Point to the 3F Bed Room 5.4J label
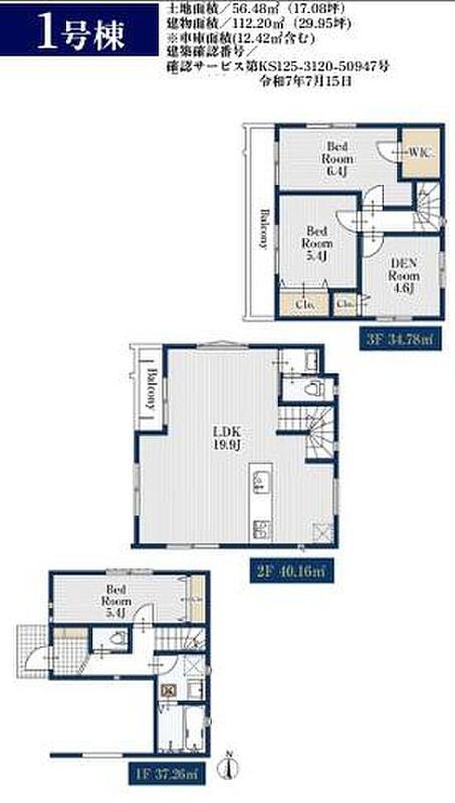pyautogui.click(x=317, y=243)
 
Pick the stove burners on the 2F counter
pyautogui.click(x=261, y=528)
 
